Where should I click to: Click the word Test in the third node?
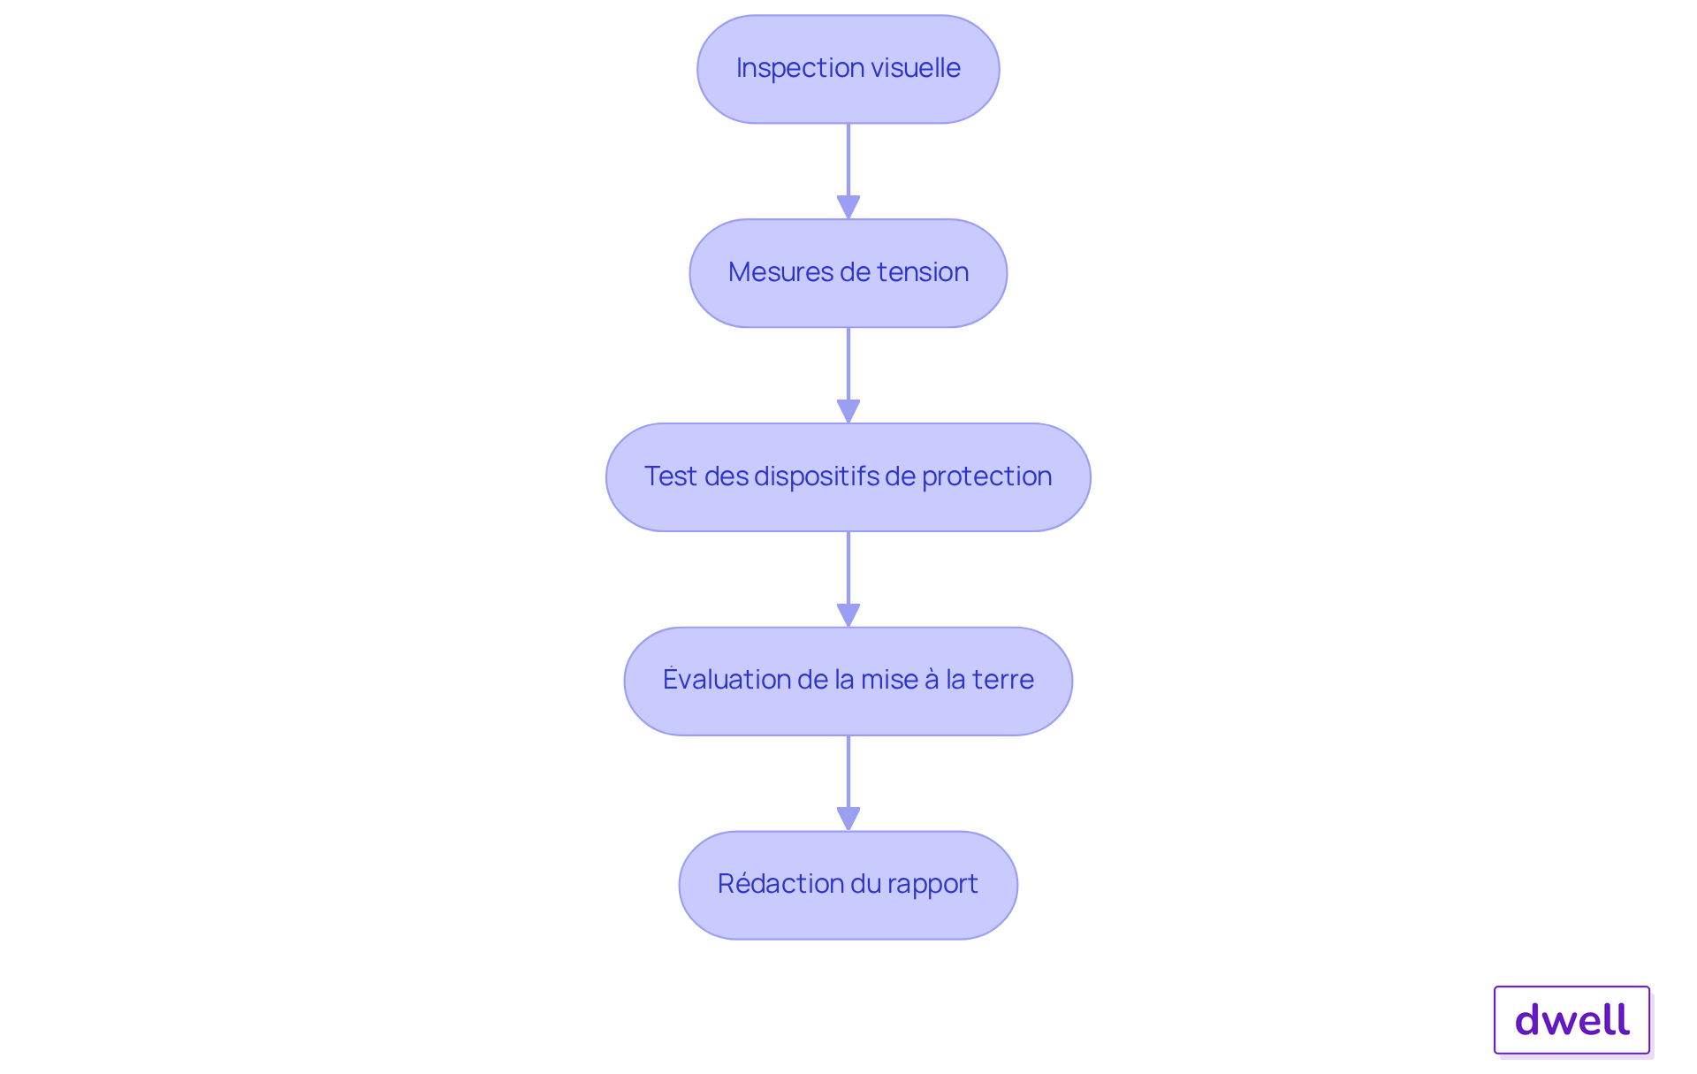click(671, 476)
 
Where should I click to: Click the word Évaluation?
click(727, 679)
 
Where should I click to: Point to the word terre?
click(1003, 680)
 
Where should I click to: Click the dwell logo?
click(1572, 1020)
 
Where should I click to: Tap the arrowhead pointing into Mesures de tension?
click(848, 207)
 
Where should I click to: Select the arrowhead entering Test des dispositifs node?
click(848, 411)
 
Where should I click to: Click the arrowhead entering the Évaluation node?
click(848, 615)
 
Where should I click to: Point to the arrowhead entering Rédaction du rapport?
click(848, 819)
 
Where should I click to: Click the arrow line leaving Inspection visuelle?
click(848, 171)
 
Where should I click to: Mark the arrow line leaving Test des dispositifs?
click(848, 579)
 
